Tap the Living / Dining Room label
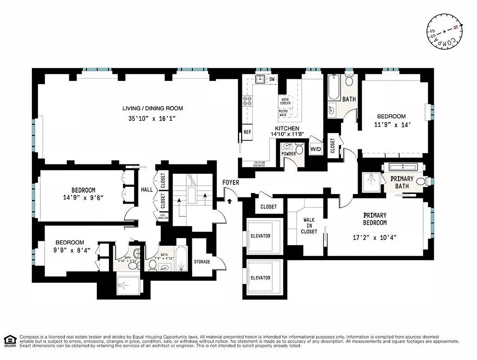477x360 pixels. coord(153,108)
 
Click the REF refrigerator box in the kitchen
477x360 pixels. coord(247,132)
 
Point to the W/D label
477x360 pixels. coord(315,149)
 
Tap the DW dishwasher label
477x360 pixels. coord(272,80)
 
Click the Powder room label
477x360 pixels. coord(289,154)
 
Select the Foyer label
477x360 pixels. coord(231,183)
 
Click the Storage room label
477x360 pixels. coord(202,262)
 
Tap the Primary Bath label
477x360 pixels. coord(402,182)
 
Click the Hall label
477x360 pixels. coord(147,190)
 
